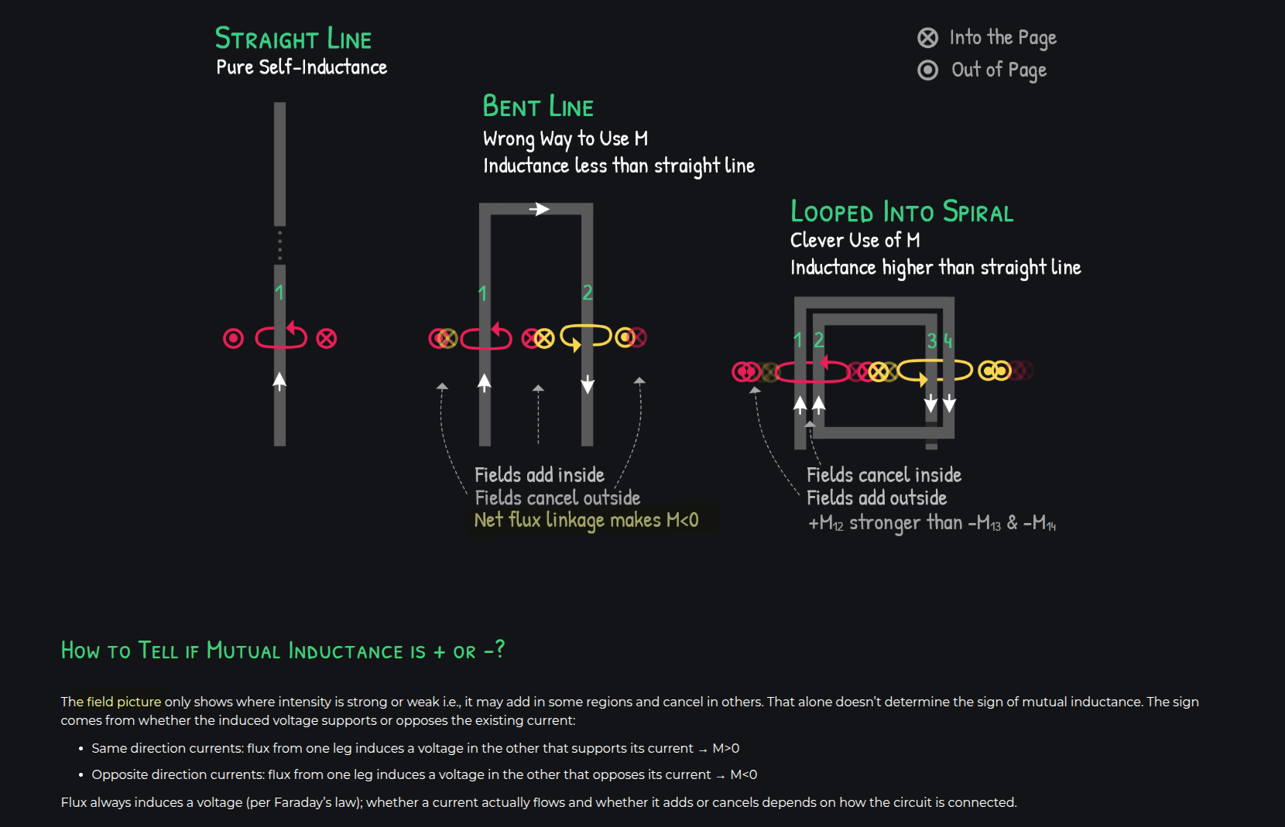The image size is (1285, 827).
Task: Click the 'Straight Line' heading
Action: tap(293, 39)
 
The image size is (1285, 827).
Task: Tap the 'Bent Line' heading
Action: tap(538, 106)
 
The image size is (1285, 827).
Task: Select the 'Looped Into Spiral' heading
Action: tap(902, 211)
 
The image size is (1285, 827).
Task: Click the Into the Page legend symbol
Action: tap(927, 38)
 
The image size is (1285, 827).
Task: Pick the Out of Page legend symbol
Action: tap(927, 70)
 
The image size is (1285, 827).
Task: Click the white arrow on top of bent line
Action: tap(540, 209)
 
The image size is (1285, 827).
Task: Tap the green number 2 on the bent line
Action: tap(588, 293)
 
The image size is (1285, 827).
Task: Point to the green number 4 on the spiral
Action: tap(948, 341)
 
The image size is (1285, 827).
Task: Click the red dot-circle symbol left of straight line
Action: tap(234, 338)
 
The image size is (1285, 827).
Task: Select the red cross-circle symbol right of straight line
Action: tap(327, 338)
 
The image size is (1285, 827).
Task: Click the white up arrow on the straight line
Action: tap(279, 381)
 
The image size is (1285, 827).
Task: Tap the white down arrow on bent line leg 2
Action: tap(588, 384)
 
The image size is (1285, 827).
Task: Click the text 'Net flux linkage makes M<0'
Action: tap(586, 520)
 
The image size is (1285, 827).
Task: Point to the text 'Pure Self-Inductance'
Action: tap(302, 67)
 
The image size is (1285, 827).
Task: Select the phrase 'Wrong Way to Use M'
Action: tap(566, 138)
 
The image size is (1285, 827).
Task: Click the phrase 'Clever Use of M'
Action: tap(855, 240)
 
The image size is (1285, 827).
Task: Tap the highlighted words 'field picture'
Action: tap(124, 702)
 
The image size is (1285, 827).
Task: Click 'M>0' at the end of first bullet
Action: tap(725, 749)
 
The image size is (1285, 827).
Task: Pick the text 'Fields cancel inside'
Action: tap(884, 474)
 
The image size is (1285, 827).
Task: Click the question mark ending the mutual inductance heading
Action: tap(499, 649)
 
